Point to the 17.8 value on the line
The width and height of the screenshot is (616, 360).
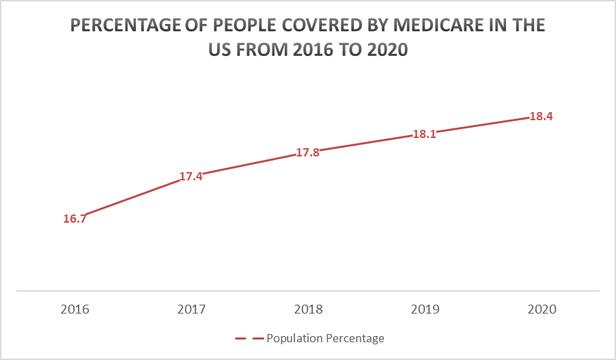tap(307, 153)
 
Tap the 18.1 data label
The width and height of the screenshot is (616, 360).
tap(424, 135)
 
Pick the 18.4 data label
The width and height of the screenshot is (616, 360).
tap(541, 116)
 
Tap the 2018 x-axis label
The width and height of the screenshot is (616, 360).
tap(307, 309)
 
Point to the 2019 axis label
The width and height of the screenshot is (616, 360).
tap(424, 309)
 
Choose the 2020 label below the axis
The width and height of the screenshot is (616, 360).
tap(541, 309)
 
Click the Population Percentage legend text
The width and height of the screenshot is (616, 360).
tap(325, 338)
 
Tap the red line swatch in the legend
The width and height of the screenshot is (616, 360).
tap(249, 338)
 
